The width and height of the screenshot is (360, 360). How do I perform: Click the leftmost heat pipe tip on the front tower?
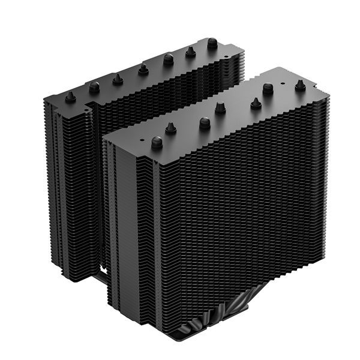click(x=157, y=142)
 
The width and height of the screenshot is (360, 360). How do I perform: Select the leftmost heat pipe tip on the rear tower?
click(x=70, y=97)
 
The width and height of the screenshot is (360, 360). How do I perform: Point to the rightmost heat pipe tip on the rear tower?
click(x=212, y=43)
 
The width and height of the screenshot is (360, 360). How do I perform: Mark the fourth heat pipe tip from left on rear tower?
click(x=143, y=69)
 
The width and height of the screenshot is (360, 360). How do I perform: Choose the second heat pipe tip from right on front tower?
click(x=268, y=88)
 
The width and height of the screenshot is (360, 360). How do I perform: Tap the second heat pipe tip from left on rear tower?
click(x=94, y=87)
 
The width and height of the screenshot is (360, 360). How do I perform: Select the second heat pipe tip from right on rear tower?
click(x=191, y=52)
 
